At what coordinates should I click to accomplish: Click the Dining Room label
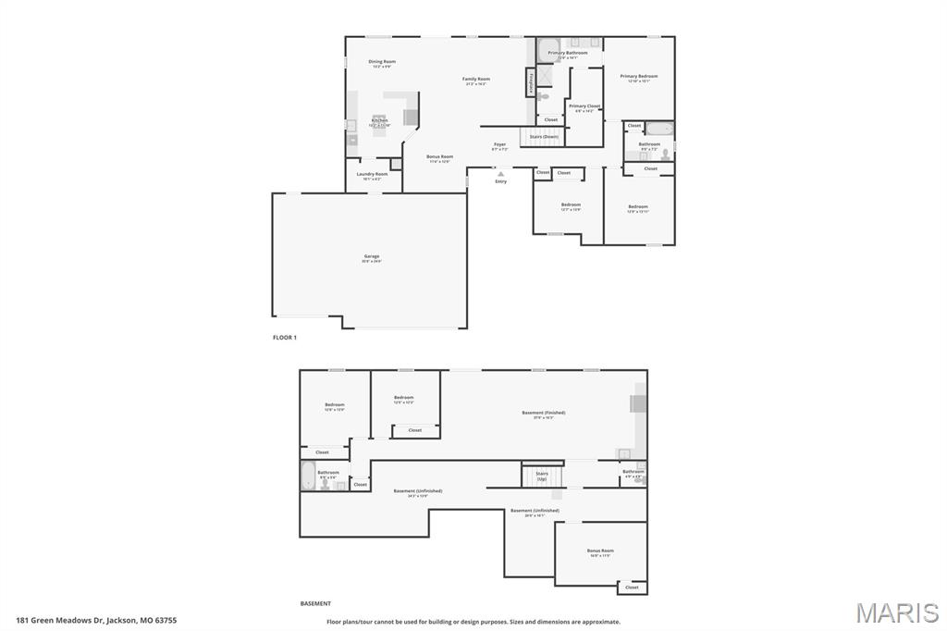(x=382, y=62)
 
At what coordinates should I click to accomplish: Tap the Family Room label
(x=476, y=80)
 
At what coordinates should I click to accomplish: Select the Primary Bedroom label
(x=639, y=77)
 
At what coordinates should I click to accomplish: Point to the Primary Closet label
(x=584, y=106)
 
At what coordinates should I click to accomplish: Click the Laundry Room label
(x=372, y=174)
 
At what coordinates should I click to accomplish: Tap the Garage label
(x=371, y=257)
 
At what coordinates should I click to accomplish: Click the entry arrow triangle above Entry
(x=500, y=173)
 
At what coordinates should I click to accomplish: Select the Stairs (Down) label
(x=544, y=137)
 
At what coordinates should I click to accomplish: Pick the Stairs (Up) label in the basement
(x=542, y=476)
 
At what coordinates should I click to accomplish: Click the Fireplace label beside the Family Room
(x=531, y=83)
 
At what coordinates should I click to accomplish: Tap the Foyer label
(x=499, y=144)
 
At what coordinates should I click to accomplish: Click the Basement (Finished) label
(x=543, y=413)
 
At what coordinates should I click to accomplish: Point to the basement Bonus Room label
(x=600, y=551)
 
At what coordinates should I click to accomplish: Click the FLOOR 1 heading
(x=285, y=338)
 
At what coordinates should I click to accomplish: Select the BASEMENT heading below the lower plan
(x=315, y=603)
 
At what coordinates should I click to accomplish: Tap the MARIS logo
(x=897, y=612)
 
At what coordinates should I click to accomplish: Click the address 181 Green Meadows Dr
(x=96, y=620)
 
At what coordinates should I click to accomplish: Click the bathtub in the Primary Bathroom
(x=548, y=49)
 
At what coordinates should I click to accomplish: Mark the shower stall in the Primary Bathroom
(x=545, y=74)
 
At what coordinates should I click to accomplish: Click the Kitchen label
(x=379, y=120)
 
